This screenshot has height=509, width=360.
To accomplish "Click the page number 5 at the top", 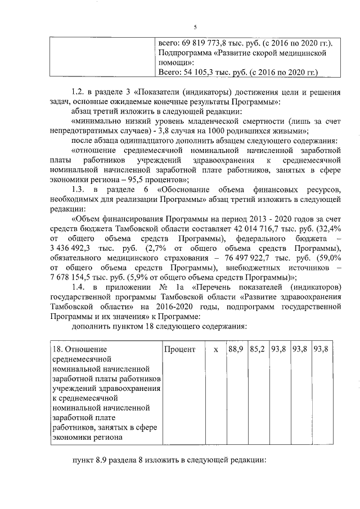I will coord(195,26).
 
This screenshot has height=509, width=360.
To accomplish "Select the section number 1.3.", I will coord(79,190).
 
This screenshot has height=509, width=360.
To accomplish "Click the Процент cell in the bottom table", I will coord(179,349).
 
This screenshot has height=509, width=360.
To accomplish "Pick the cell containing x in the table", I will coord(215,349).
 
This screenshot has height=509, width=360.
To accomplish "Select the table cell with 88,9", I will coord(236,349).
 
